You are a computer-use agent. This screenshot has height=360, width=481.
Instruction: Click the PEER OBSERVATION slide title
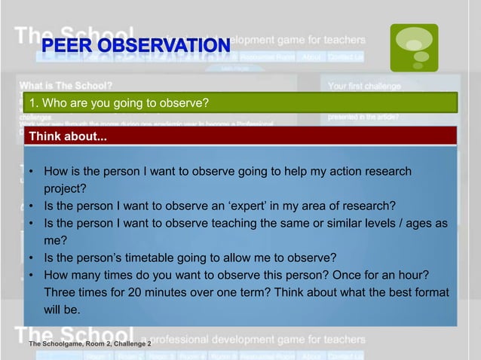pyautogui.click(x=136, y=47)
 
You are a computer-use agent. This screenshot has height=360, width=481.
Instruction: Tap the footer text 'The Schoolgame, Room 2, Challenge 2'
pyautogui.click(x=90, y=343)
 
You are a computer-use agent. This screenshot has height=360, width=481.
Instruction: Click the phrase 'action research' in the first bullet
pyautogui.click(x=375, y=172)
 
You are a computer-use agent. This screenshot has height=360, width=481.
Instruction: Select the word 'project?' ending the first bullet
pyautogui.click(x=66, y=189)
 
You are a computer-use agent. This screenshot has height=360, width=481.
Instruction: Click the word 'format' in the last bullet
pyautogui.click(x=428, y=292)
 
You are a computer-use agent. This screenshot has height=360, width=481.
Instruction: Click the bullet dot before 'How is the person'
pyautogui.click(x=31, y=172)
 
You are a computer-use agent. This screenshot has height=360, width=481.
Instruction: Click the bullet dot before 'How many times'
pyautogui.click(x=31, y=275)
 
